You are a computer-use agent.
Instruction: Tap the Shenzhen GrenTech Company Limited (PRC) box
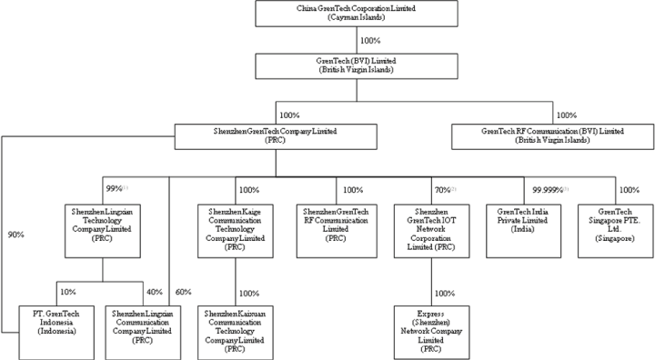tap(275, 137)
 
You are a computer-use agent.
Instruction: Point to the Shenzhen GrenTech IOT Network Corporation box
tap(432, 229)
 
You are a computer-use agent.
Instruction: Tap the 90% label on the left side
tap(16, 235)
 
